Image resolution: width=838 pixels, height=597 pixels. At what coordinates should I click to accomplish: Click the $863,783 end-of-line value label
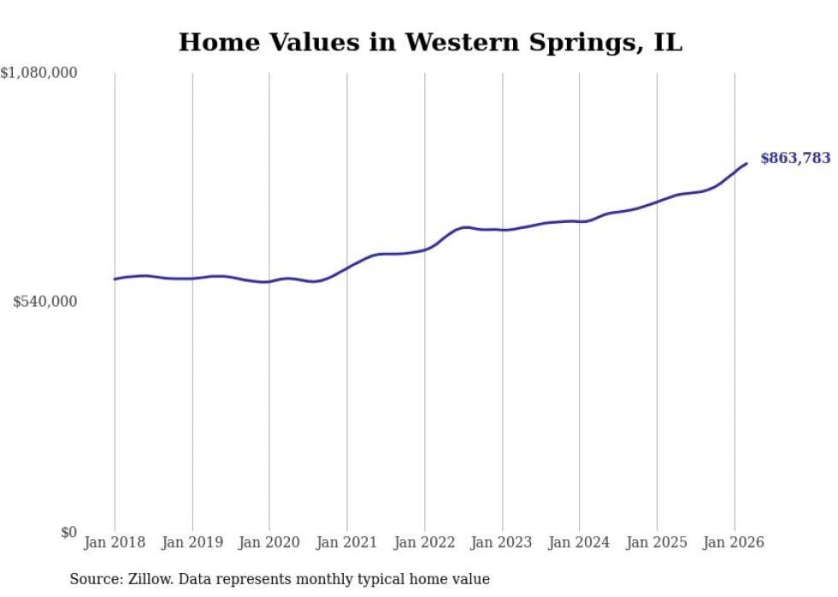[x=794, y=158]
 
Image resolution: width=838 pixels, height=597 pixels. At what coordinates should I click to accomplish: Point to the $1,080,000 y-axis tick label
[x=38, y=73]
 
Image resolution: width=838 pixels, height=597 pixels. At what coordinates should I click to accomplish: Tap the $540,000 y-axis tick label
[x=45, y=301]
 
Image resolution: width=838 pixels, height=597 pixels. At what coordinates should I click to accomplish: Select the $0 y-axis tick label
[x=68, y=533]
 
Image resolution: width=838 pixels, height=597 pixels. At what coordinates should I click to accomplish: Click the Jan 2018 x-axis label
[x=115, y=542]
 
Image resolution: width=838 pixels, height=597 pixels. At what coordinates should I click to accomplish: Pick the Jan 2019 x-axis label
[x=192, y=542]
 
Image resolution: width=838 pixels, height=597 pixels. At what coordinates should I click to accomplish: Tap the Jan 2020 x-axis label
[x=269, y=542]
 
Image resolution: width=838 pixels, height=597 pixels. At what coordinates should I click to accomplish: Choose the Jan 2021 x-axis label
[x=347, y=542]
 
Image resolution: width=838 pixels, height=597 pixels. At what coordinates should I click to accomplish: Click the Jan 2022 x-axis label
[x=424, y=542]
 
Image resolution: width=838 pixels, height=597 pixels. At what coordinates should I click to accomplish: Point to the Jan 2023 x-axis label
[x=502, y=542]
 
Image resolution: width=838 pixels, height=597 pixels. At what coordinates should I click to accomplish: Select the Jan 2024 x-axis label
[x=579, y=542]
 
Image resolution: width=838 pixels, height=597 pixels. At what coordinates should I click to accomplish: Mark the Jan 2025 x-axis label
[x=657, y=542]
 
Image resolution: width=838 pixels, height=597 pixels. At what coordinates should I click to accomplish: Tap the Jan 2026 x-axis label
[x=734, y=542]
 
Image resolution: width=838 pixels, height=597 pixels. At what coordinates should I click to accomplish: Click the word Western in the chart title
[x=457, y=43]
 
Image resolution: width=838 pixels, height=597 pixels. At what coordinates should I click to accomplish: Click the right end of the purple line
[x=747, y=163]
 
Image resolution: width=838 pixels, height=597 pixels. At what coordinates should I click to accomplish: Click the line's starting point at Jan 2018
[x=115, y=279]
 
